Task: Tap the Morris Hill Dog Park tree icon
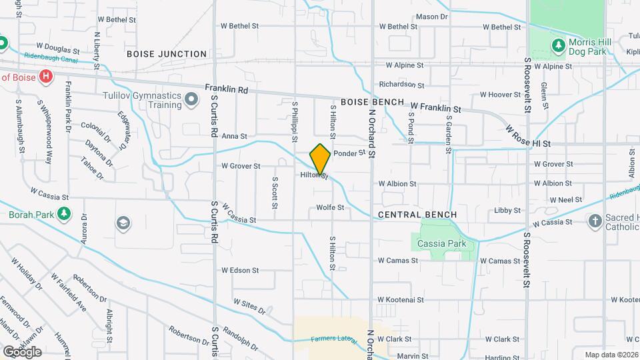click(559, 45)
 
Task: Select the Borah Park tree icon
click(64, 215)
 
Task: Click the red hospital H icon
click(45, 77)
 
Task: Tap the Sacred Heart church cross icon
click(595, 221)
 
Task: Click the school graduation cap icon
click(123, 223)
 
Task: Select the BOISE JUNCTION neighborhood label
click(166, 54)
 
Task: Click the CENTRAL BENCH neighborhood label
click(417, 215)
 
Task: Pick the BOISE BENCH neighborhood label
click(372, 102)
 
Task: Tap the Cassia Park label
click(441, 244)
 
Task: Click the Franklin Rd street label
click(227, 89)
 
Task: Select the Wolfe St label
click(330, 207)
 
